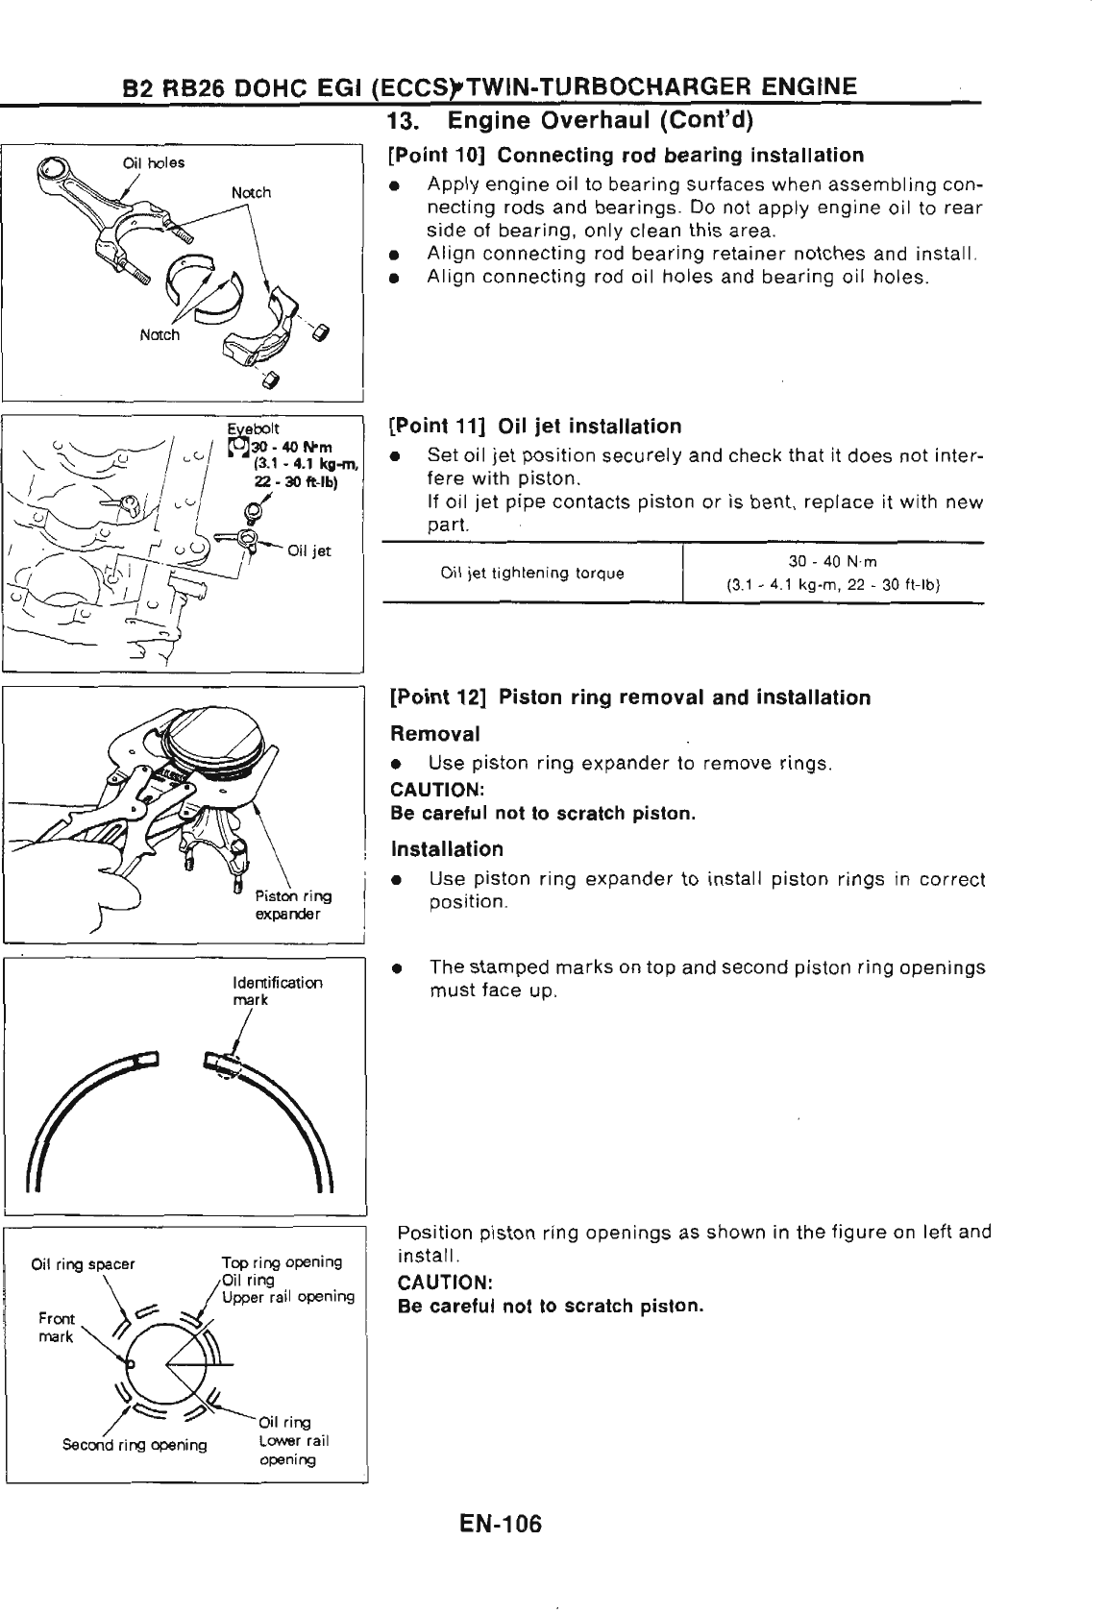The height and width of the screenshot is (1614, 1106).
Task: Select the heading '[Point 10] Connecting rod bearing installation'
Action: pyautogui.click(x=625, y=156)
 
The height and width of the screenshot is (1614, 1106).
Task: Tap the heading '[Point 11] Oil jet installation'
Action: pyautogui.click(x=533, y=427)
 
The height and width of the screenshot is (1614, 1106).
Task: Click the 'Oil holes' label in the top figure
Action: pyautogui.click(x=153, y=162)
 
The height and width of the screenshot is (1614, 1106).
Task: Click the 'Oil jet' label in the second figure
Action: pyautogui.click(x=309, y=551)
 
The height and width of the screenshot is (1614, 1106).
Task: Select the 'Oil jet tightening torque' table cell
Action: pyautogui.click(x=531, y=574)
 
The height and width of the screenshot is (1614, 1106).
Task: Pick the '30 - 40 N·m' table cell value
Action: pyautogui.click(x=832, y=563)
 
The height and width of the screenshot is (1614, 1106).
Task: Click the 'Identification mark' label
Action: pyautogui.click(x=278, y=990)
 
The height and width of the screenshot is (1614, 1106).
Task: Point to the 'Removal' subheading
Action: pyautogui.click(x=433, y=734)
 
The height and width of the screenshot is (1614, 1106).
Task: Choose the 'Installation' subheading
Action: pyautogui.click(x=447, y=849)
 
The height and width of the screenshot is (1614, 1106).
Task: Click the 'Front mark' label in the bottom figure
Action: pyautogui.click(x=56, y=1328)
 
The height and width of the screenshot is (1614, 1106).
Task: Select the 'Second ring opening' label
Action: pyautogui.click(x=134, y=1444)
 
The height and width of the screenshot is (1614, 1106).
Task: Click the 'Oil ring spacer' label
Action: pyautogui.click(x=84, y=1263)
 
